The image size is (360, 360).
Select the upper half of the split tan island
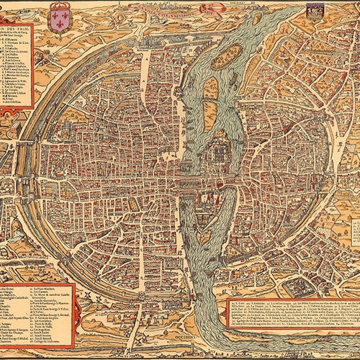pos(210,88)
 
